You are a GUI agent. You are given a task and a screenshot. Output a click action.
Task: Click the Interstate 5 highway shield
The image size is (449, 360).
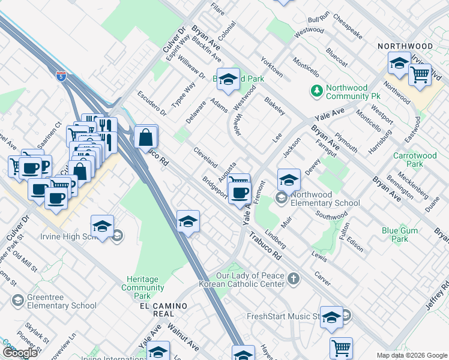pos(61,76)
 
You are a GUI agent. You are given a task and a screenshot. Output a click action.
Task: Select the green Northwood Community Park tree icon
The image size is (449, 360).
pos(316,91)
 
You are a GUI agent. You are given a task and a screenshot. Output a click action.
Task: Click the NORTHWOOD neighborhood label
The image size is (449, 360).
pos(405,46)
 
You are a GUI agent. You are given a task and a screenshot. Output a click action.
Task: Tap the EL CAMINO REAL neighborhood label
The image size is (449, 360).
pos(163,306)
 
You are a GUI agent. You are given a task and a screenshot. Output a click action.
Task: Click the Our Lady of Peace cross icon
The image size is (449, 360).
pos(293,278)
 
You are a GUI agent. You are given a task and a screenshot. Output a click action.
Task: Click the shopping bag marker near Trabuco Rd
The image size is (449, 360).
pos(145,137)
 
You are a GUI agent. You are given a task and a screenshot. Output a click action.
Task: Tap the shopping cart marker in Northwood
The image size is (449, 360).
pos(420,76)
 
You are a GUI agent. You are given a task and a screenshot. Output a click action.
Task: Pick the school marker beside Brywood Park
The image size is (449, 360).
pos(228,80)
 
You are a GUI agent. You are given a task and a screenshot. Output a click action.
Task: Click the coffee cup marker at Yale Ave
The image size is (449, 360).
pos(240,193)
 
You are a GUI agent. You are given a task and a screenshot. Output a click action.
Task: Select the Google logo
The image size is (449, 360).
pos(20,353)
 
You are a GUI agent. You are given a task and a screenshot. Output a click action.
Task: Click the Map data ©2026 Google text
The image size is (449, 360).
pos(412,355)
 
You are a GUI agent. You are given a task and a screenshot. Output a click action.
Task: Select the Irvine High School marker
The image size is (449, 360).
pos(103,227)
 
